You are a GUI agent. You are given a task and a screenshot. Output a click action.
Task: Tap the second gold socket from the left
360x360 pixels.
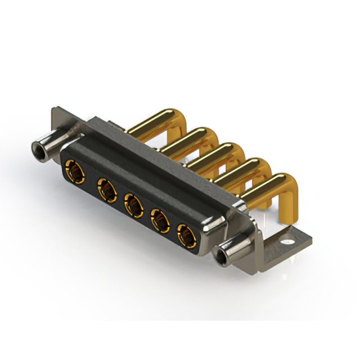point(105,189)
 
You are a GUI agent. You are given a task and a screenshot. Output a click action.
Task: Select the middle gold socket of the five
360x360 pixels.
point(133,205)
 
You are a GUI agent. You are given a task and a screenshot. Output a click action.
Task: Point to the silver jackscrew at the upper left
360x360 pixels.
point(48,146)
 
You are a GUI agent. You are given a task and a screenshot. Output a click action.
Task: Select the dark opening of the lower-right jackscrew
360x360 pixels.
point(223,258)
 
